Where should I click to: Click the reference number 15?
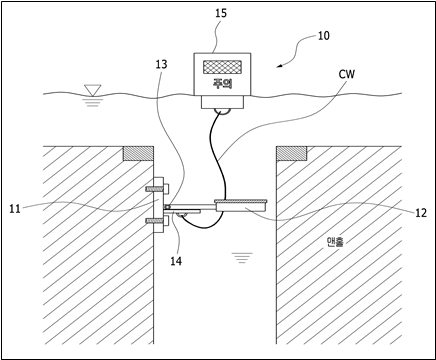pos(221,13)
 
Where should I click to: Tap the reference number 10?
pos(323,35)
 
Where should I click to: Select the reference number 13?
pos(161,64)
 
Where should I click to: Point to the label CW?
pos(347,74)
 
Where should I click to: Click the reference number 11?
pos(15,209)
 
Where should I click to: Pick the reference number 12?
pos(421,213)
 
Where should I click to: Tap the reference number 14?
pos(176,261)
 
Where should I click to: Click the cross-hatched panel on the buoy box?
pos(222,66)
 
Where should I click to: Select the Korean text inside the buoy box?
pos(223,83)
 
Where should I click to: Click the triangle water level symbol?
pos(92,90)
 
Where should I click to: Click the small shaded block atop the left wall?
pos(138,154)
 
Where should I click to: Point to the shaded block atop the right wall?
pos(292,154)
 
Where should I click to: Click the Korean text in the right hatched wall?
pos(333,242)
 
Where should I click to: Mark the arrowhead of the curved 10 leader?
pos(279,66)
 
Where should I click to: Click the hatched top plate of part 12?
pos(241,201)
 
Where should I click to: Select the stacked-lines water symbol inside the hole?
pos(243,258)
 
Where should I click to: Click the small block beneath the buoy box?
pos(223,102)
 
